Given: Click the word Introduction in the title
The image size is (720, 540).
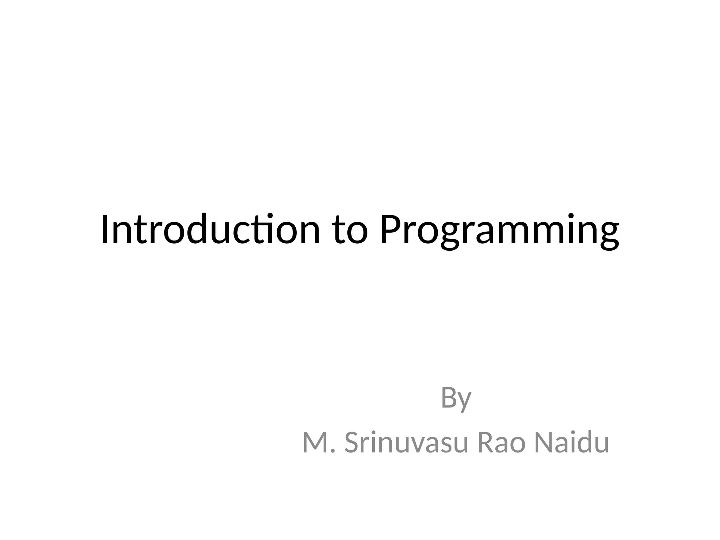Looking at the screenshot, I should click(x=210, y=229).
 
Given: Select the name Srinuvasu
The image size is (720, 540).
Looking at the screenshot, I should click(x=406, y=443).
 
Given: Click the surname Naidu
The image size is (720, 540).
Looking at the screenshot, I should click(x=571, y=442).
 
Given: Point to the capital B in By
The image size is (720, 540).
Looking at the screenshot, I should click(x=449, y=397).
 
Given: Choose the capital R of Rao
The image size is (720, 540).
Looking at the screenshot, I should click(x=486, y=443).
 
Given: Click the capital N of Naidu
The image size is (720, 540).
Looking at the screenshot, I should click(x=544, y=443).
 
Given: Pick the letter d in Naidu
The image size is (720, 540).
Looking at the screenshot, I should click(x=582, y=442).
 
